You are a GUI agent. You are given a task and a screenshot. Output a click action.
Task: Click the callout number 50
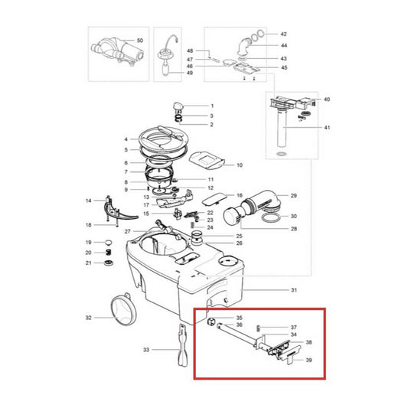pyautogui.click(x=140, y=41)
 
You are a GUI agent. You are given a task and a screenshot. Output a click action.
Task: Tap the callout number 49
pyautogui.click(x=190, y=73)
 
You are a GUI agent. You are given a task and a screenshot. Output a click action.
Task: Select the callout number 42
pyautogui.click(x=284, y=34)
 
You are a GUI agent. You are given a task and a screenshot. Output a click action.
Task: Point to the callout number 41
pyautogui.click(x=327, y=128)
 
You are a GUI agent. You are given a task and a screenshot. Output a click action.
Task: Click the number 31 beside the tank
pyautogui.click(x=294, y=290)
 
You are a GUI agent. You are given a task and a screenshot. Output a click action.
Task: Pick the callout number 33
pyautogui.click(x=146, y=350)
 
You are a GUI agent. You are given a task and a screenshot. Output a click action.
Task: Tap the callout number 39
pyautogui.click(x=308, y=360)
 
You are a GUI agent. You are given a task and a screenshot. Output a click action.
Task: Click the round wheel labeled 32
pyautogui.click(x=123, y=310)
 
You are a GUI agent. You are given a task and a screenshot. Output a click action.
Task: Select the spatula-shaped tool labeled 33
pyautogui.click(x=183, y=345)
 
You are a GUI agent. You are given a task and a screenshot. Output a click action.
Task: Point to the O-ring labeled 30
pyautogui.click(x=272, y=218)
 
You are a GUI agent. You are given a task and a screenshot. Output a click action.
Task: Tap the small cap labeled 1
pyautogui.click(x=178, y=106)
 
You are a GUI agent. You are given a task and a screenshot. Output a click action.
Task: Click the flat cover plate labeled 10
pyautogui.click(x=207, y=162)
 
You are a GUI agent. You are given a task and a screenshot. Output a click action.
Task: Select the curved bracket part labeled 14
pyautogui.click(x=119, y=211)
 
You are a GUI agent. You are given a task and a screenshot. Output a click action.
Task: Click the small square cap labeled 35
pyautogui.click(x=211, y=321)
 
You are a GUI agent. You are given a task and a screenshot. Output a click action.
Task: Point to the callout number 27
pyautogui.click(x=127, y=231)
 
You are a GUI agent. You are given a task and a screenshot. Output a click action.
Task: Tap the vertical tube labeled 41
pyautogui.click(x=282, y=129)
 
